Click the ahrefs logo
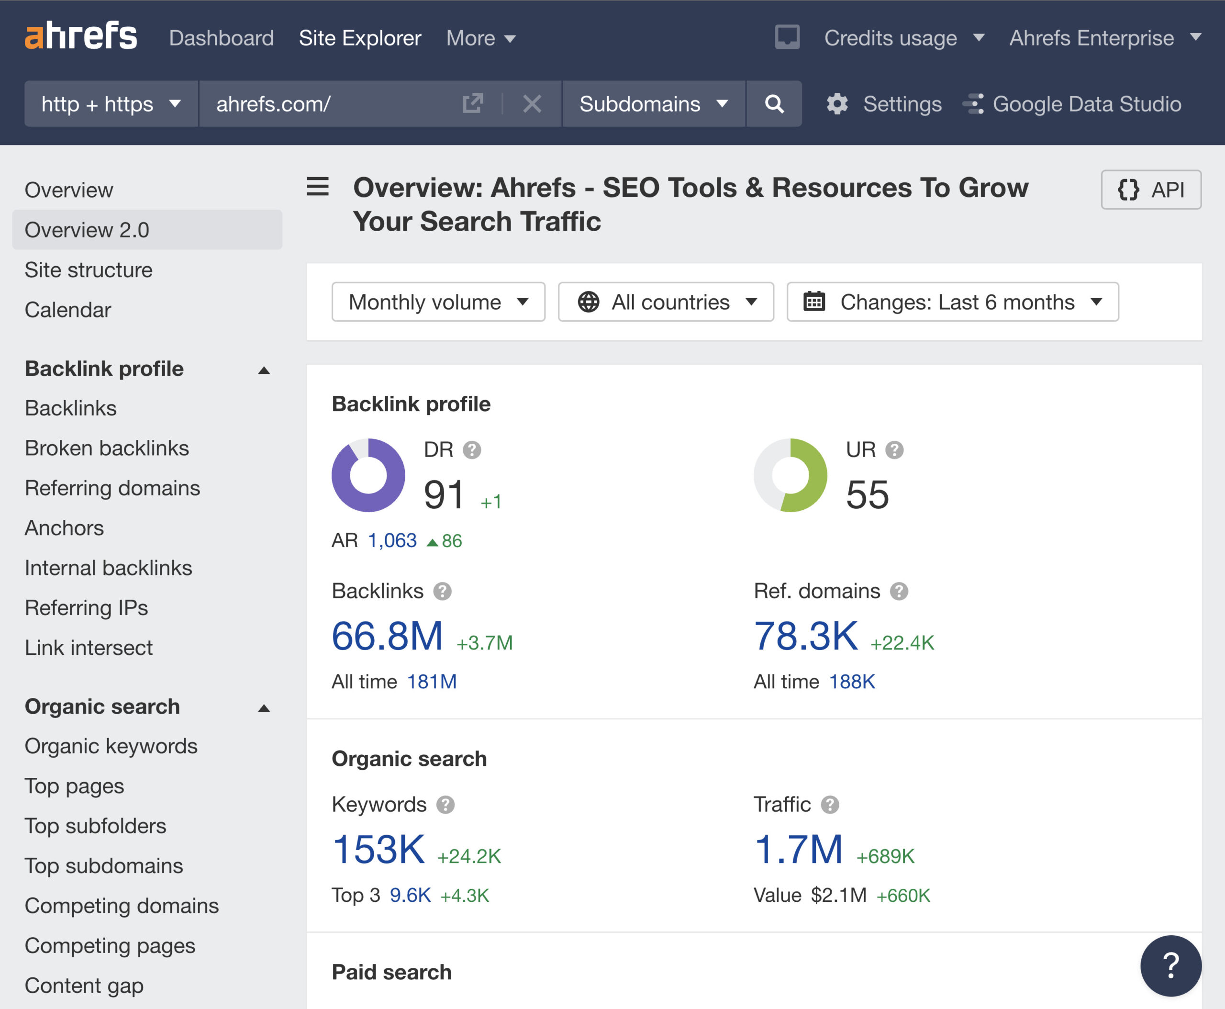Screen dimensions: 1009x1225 click(x=81, y=36)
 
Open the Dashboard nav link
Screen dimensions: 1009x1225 click(x=221, y=38)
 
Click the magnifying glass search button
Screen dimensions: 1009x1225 click(x=774, y=104)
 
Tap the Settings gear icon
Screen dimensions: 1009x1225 click(x=837, y=104)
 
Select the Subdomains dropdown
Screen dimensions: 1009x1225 click(x=653, y=104)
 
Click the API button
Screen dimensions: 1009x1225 click(x=1151, y=190)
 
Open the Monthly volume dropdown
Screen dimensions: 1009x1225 click(x=438, y=302)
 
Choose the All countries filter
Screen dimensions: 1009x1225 click(x=666, y=302)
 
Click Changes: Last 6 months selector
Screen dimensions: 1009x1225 click(x=952, y=302)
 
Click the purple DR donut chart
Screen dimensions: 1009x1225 click(x=368, y=475)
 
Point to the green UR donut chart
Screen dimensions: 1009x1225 click(x=791, y=475)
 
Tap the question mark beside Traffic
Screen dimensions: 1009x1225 click(x=830, y=805)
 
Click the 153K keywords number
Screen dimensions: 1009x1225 click(x=379, y=850)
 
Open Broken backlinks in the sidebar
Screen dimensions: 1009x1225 click(x=107, y=448)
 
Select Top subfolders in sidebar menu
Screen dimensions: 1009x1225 click(x=95, y=826)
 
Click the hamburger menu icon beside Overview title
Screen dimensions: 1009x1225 click(x=318, y=187)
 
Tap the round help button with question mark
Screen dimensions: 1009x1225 click(x=1170, y=965)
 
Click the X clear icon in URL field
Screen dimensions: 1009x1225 click(x=532, y=104)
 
